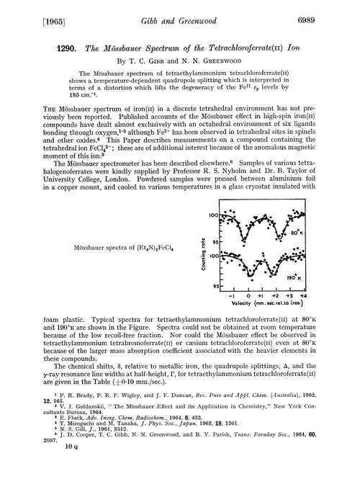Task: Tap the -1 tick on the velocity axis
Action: point(232,295)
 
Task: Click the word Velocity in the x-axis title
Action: point(241,303)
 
